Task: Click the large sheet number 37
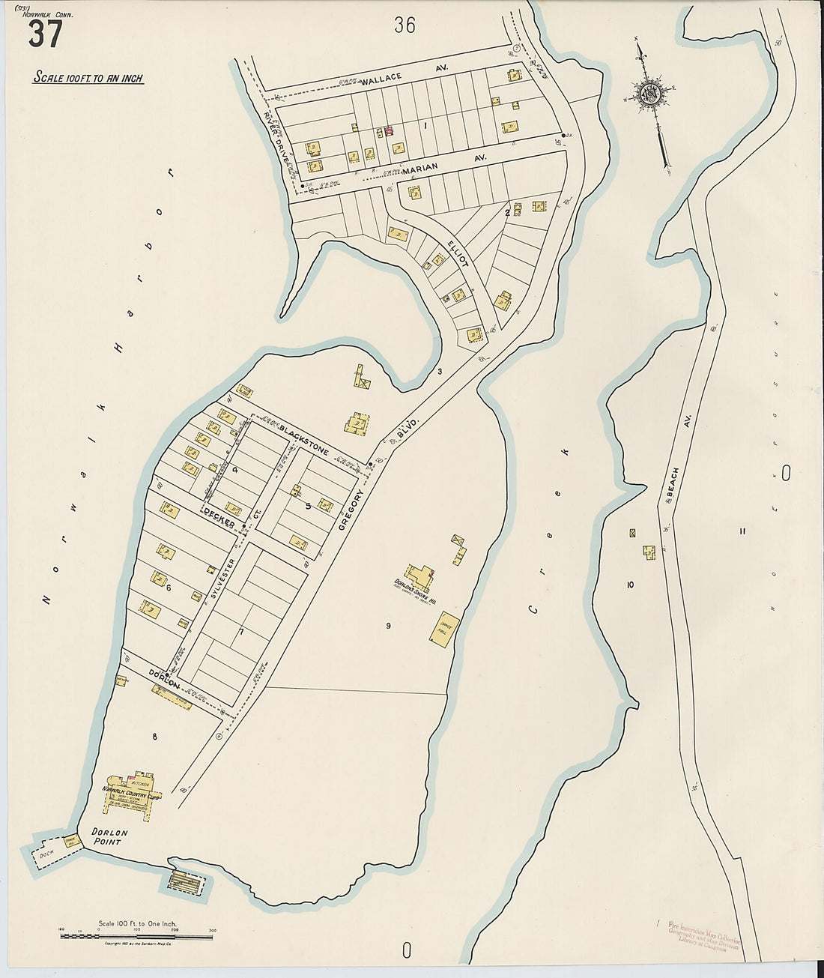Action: (x=45, y=34)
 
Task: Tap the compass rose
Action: (x=649, y=94)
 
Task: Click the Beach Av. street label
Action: (x=673, y=487)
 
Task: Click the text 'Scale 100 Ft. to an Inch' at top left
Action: (x=88, y=78)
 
